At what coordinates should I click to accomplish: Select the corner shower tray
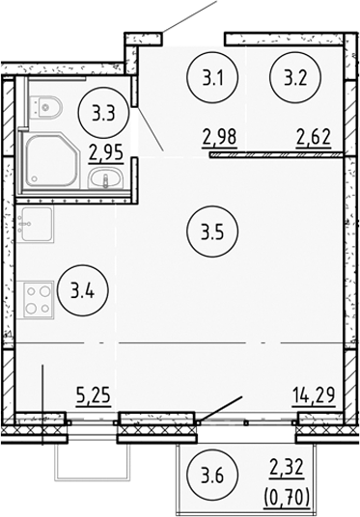(x=50, y=162)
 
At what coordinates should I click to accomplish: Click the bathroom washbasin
(x=103, y=177)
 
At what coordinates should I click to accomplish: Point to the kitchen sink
(x=35, y=228)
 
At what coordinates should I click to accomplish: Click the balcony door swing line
(x=220, y=407)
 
